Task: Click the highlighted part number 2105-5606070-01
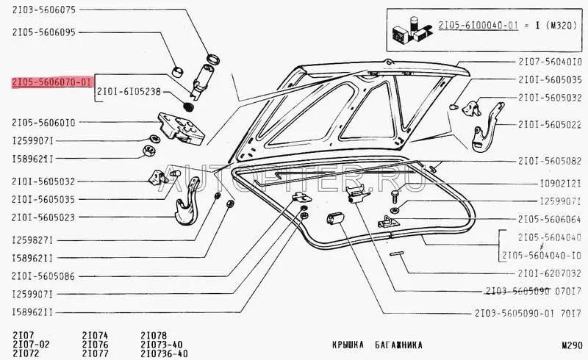[x=51, y=84]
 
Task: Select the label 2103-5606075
[x=43, y=11]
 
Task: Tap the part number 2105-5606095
[x=43, y=32]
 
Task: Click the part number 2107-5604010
[x=550, y=62]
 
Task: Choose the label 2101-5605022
[x=550, y=124]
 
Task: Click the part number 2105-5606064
[x=550, y=218]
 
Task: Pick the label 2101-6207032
[x=550, y=272]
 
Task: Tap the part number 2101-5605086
[x=43, y=276]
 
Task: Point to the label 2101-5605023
[x=43, y=217]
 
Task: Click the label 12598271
[x=33, y=240]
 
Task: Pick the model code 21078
[x=153, y=335]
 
